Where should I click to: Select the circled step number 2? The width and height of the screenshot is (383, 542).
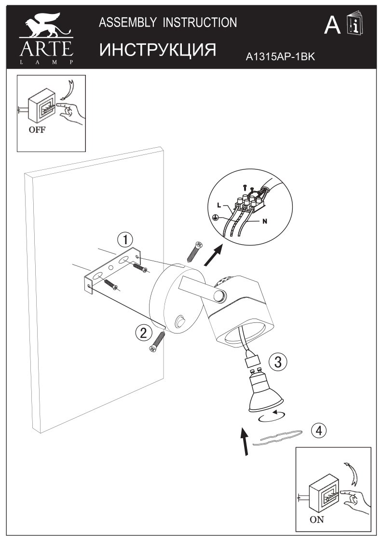pos(142,332)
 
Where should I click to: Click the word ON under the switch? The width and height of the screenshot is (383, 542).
pos(317,520)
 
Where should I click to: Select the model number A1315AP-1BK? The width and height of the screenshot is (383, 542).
pos(280,57)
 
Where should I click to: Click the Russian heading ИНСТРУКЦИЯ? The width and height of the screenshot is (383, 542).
pos(157,50)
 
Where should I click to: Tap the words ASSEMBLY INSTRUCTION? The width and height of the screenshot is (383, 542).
pos(168,22)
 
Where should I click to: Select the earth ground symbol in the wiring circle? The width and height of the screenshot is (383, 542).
pos(217,218)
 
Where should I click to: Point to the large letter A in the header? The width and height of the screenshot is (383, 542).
pos(332,26)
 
